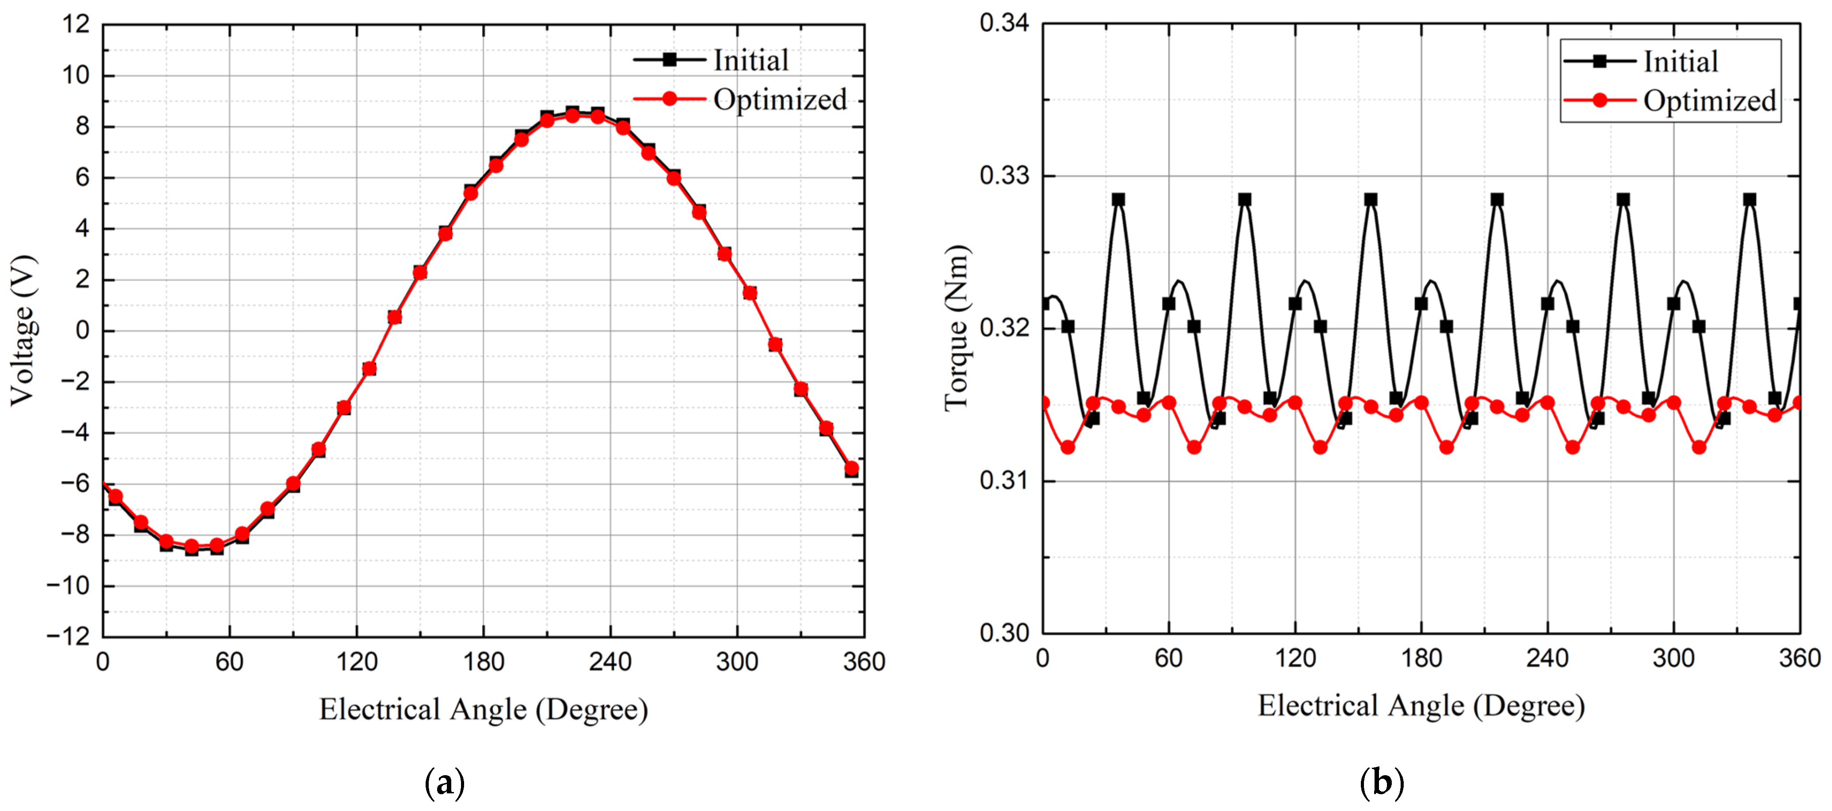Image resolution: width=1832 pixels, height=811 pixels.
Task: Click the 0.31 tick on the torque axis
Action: pyautogui.click(x=1004, y=481)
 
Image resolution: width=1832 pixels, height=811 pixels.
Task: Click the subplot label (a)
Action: pyautogui.click(x=445, y=783)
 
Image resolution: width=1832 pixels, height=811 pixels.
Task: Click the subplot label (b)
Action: pyautogui.click(x=1381, y=783)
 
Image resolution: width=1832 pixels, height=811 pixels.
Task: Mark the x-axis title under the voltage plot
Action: pyautogui.click(x=484, y=709)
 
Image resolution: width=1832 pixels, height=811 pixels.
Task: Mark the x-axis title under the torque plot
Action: pyautogui.click(x=1421, y=706)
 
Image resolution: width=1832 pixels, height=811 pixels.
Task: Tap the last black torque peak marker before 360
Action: pyautogui.click(x=1749, y=200)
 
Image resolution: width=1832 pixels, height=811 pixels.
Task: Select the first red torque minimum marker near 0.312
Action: pyautogui.click(x=1067, y=447)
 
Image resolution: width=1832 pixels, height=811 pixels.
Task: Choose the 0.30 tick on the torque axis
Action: pyautogui.click(x=1004, y=633)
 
